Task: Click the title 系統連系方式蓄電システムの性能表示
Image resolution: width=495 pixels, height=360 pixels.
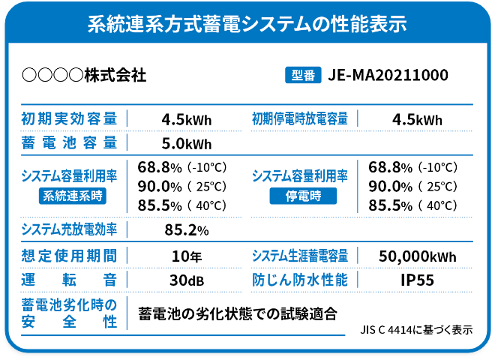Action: pyautogui.click(x=247, y=23)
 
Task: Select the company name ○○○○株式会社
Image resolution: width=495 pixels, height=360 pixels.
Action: pyautogui.click(x=84, y=75)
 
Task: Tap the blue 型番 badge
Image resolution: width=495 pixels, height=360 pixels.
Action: pyautogui.click(x=303, y=75)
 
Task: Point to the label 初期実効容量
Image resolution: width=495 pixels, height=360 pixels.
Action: pyautogui.click(x=69, y=119)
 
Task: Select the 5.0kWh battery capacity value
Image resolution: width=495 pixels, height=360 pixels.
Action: pyautogui.click(x=187, y=142)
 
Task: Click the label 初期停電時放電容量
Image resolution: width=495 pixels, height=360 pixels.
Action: pyautogui.click(x=300, y=119)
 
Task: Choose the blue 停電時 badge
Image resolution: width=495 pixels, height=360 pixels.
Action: pyautogui.click(x=303, y=196)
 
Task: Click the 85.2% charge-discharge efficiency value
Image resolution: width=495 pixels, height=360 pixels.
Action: pyautogui.click(x=187, y=229)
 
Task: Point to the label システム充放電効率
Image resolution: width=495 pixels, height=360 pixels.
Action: pyautogui.click(x=69, y=229)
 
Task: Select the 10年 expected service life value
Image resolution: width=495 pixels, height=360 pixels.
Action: pyautogui.click(x=187, y=256)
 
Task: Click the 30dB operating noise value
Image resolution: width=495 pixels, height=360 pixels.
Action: pyautogui.click(x=187, y=280)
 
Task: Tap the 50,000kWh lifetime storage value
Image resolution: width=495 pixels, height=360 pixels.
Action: pyautogui.click(x=418, y=256)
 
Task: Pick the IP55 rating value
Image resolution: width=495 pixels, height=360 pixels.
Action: pyautogui.click(x=418, y=280)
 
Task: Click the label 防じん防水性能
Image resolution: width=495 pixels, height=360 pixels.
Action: pyautogui.click(x=300, y=280)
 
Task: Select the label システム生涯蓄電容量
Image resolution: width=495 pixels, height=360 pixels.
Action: pyautogui.click(x=300, y=256)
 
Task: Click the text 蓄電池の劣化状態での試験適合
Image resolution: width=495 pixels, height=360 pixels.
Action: pyautogui.click(x=238, y=313)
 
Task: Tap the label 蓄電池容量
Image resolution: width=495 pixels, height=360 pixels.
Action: pyautogui.click(x=69, y=142)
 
